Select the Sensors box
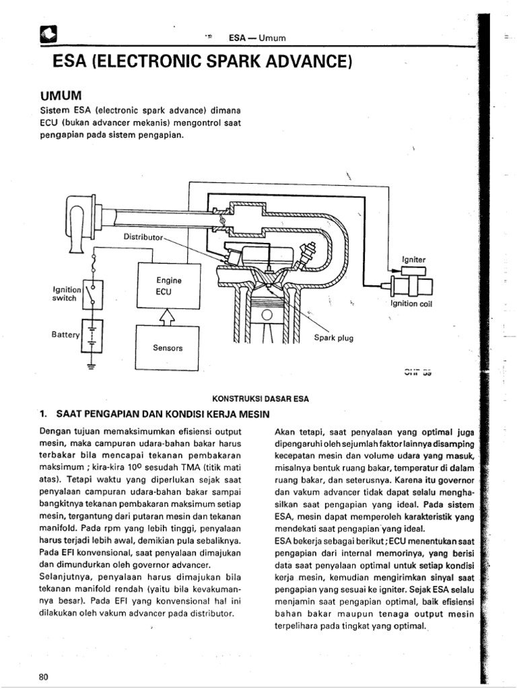coord(169,348)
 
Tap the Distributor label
coord(143,237)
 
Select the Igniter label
coord(413,258)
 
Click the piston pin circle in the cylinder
coord(267,314)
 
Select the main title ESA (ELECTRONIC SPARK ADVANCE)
coord(201,62)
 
